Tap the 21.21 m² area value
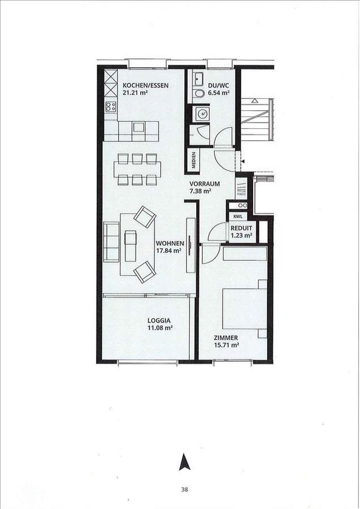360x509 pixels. [x=136, y=94]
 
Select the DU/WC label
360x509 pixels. [x=218, y=85]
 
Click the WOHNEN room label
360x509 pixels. [x=169, y=243]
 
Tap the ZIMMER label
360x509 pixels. [x=227, y=338]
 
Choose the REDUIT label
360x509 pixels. [x=241, y=228]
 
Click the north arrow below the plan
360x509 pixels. [x=183, y=462]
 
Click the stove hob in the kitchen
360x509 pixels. [x=111, y=107]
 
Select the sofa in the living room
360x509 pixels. [x=111, y=243]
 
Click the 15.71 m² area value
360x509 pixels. [x=227, y=345]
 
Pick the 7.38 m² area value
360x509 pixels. [x=200, y=191]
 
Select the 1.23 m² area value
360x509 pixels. [x=241, y=236]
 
